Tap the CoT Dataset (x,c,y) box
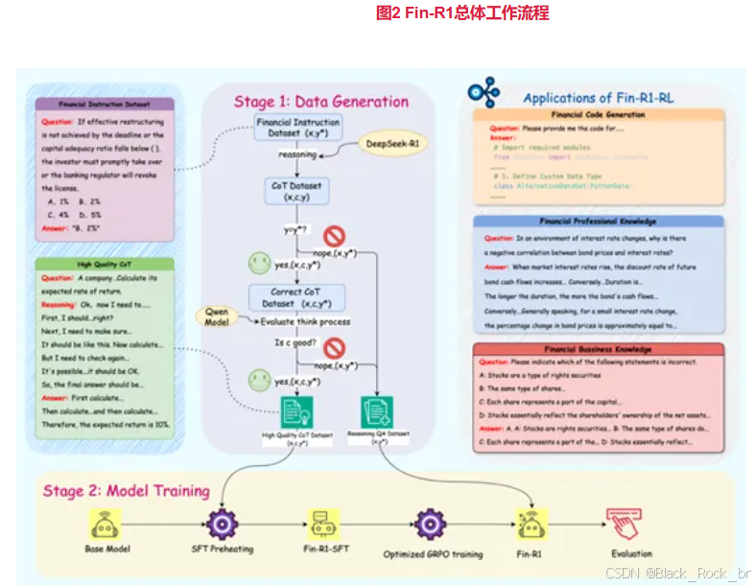(292, 192)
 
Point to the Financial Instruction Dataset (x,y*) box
(298, 128)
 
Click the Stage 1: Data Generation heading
(320, 102)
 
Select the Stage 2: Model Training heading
(126, 491)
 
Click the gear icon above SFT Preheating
(222, 524)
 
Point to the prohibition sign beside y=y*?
(334, 236)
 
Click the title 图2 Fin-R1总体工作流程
(462, 13)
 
